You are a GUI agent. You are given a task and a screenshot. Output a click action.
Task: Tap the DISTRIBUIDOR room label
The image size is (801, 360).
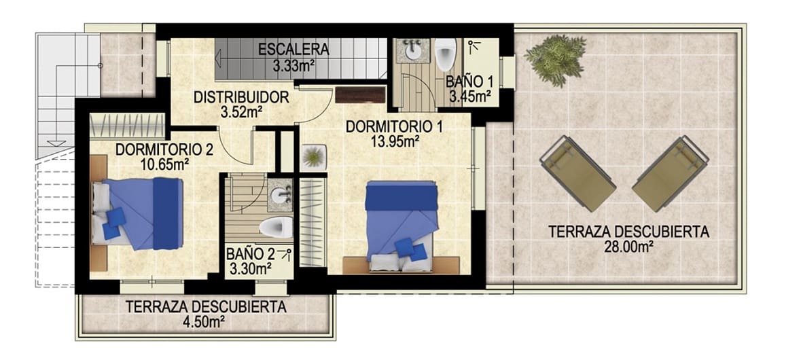pyautogui.click(x=241, y=97)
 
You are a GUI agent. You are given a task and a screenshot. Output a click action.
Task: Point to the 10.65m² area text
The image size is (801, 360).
pyautogui.click(x=162, y=164)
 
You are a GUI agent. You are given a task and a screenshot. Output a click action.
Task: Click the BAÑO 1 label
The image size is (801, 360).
pyautogui.click(x=469, y=82)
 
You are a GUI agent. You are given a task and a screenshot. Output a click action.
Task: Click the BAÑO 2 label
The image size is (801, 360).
pyautogui.click(x=251, y=254)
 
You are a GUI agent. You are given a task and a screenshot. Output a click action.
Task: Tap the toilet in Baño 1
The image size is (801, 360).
pyautogui.click(x=445, y=53)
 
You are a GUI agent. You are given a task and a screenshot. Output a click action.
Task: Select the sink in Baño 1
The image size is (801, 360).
pyautogui.click(x=412, y=50)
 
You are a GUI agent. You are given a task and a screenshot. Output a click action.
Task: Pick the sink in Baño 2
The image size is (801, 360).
pyautogui.click(x=279, y=196)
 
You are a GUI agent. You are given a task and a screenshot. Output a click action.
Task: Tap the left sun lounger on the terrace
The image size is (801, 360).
pyautogui.click(x=577, y=173)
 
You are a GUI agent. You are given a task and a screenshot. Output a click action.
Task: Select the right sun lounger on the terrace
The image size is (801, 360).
pyautogui.click(x=671, y=173)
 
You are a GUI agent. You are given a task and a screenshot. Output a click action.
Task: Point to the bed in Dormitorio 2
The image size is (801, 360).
pyautogui.click(x=139, y=211)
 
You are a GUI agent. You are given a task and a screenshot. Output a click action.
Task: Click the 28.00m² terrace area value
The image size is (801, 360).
pyautogui.click(x=628, y=247)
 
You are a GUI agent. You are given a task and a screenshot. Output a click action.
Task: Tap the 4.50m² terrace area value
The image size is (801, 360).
pyautogui.click(x=204, y=322)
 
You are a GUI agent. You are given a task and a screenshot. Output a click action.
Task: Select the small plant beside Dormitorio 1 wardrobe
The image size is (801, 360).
pyautogui.click(x=313, y=157)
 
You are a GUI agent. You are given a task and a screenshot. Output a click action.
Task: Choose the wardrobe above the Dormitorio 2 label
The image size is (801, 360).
pyautogui.click(x=128, y=126)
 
